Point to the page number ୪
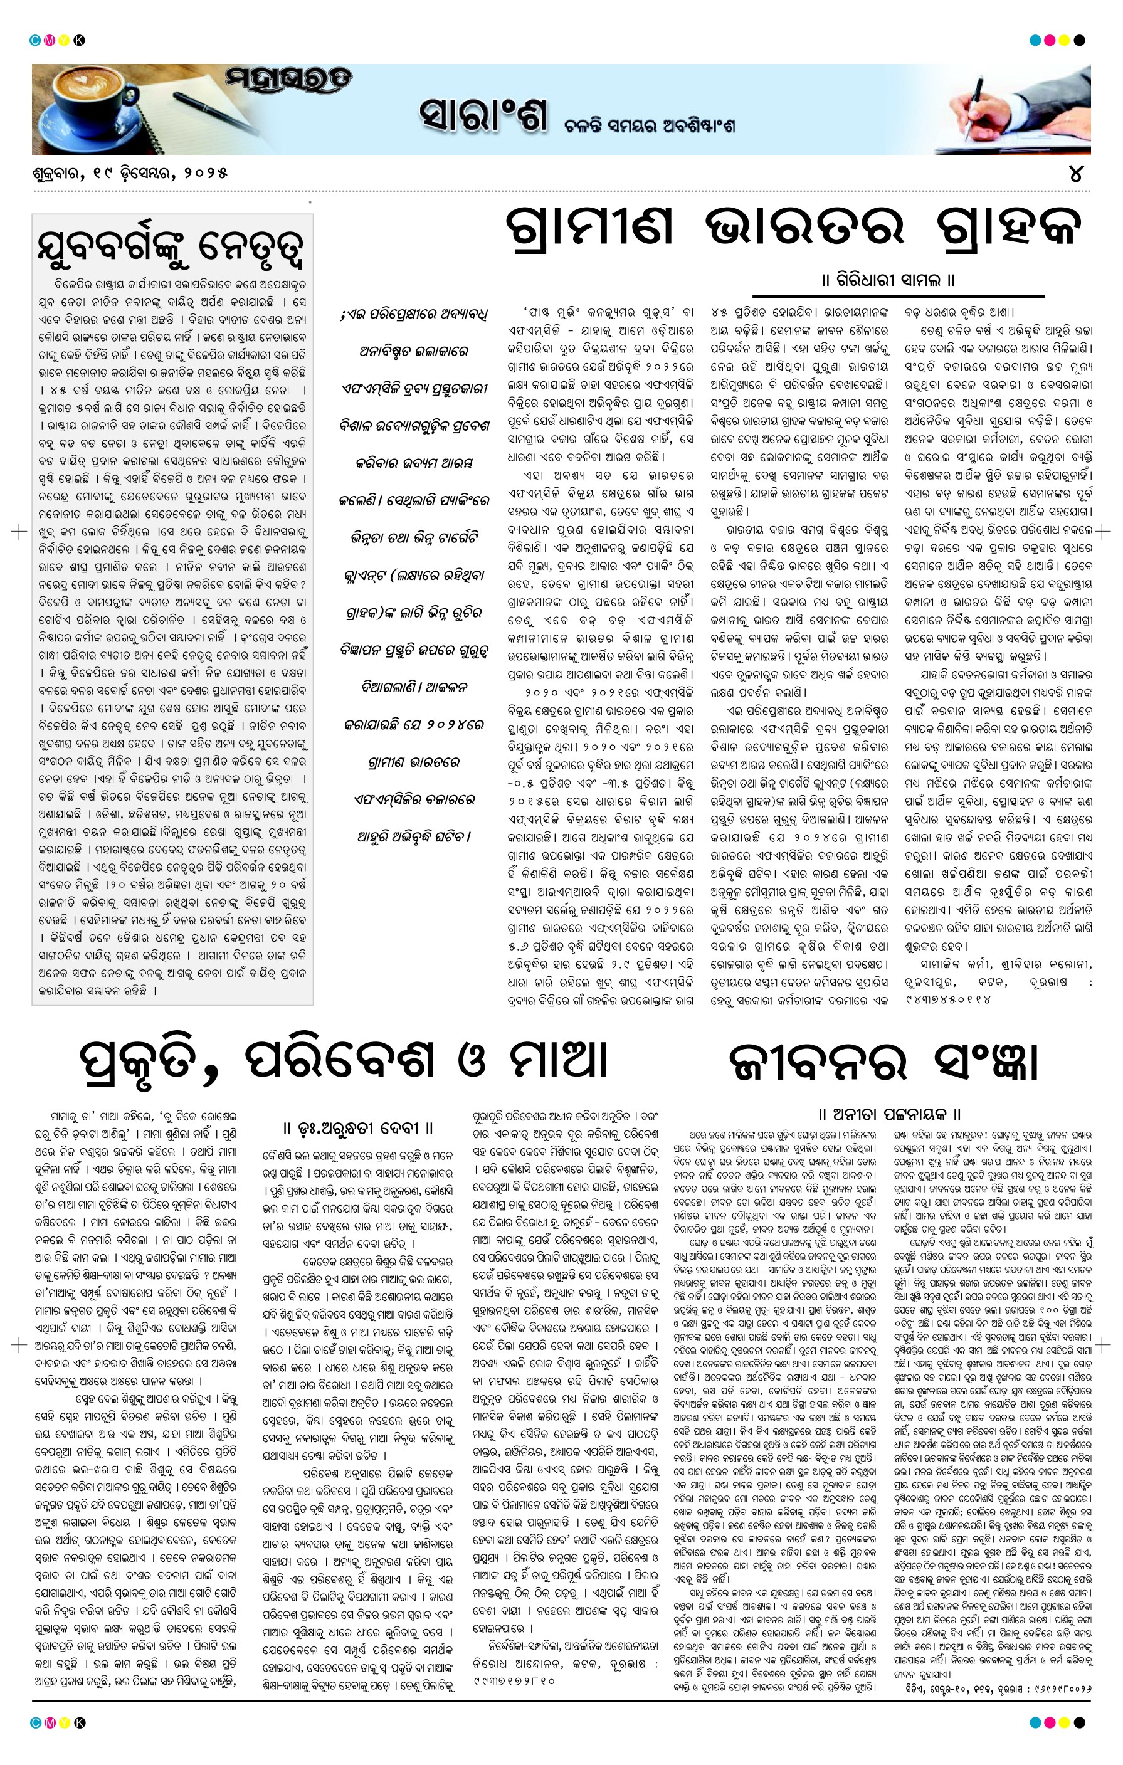[x=1075, y=174]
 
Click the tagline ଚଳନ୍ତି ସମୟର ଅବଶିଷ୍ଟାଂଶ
[x=650, y=125]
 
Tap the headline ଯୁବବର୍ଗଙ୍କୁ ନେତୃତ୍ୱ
[x=171, y=247]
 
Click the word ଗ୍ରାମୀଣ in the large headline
[x=589, y=226]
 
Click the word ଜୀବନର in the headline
[x=818, y=1062]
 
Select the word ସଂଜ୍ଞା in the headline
[x=987, y=1062]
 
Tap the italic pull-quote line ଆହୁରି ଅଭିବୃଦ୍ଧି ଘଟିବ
[x=414, y=836]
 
